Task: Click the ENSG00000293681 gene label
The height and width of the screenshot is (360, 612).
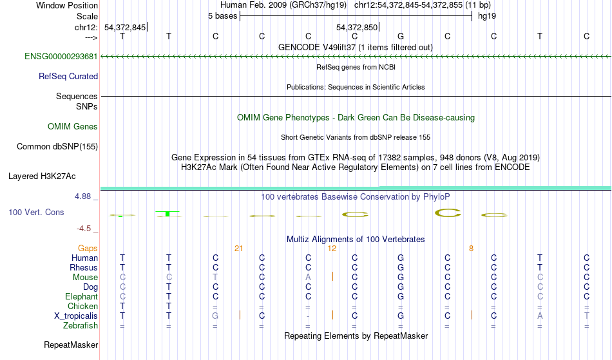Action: (61, 56)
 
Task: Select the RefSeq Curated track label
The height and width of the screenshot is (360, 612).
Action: (68, 76)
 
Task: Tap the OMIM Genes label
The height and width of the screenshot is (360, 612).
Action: (73, 126)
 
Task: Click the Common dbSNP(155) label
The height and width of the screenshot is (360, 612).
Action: (57, 146)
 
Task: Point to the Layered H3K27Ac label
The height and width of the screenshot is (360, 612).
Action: (42, 176)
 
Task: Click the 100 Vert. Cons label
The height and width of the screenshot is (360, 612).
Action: (36, 212)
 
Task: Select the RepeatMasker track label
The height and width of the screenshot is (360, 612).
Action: (71, 345)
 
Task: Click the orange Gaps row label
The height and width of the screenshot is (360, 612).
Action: (88, 248)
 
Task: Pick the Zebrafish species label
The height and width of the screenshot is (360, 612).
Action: (81, 325)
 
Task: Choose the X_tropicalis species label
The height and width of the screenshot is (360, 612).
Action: (76, 316)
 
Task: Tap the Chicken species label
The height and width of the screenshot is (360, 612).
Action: (82, 306)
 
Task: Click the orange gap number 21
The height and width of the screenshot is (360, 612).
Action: (238, 249)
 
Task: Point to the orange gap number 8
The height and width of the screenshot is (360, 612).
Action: (471, 249)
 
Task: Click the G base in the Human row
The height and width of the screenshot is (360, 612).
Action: (401, 258)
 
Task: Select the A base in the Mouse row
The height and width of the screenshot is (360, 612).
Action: (308, 278)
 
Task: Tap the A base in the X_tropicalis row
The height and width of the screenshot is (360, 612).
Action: (540, 316)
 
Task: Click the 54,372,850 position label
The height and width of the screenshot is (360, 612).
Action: (357, 27)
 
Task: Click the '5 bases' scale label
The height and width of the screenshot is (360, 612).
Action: (222, 16)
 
